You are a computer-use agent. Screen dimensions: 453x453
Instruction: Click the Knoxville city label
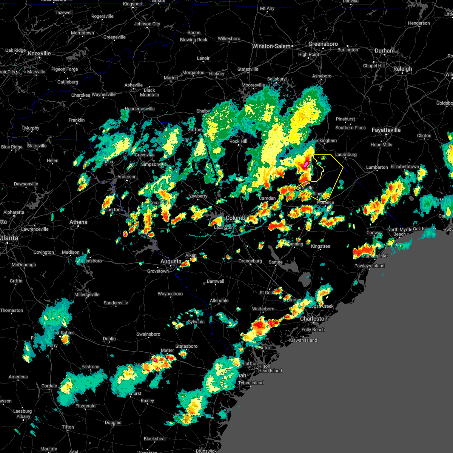tap(39, 54)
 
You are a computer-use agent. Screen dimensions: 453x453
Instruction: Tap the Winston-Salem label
tap(271, 46)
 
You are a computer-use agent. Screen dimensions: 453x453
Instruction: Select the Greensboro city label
tap(323, 44)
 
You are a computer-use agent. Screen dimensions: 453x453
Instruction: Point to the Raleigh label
tap(402, 69)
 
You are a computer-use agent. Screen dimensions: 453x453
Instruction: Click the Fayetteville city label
tap(386, 130)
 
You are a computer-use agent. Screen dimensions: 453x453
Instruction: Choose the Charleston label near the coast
tap(314, 319)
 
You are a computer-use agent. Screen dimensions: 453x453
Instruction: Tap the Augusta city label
tap(171, 262)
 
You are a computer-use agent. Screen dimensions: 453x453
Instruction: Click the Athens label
tap(78, 222)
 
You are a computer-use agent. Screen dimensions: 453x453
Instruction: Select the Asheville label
tap(134, 85)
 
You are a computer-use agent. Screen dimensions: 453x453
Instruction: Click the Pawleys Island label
tap(369, 266)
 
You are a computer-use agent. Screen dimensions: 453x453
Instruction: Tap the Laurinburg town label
tap(346, 155)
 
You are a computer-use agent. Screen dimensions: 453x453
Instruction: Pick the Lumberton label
tap(377, 168)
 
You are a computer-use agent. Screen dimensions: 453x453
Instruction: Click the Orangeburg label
tap(250, 261)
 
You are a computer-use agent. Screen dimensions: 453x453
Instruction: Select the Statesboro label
tap(186, 347)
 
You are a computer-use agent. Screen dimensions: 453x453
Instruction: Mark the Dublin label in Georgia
tap(109, 339)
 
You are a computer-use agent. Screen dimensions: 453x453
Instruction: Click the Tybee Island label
tap(251, 383)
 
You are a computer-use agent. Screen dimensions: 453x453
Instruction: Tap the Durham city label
tap(385, 51)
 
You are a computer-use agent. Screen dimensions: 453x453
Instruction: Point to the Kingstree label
tap(320, 247)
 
